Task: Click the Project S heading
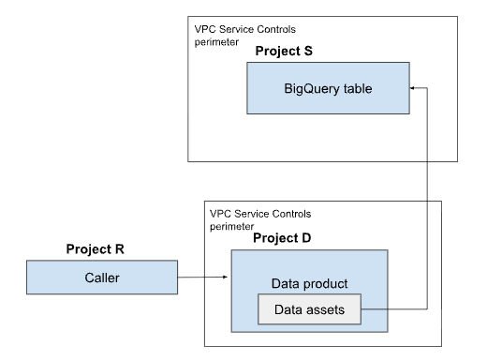click(x=283, y=49)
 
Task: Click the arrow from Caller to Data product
click(x=201, y=277)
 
